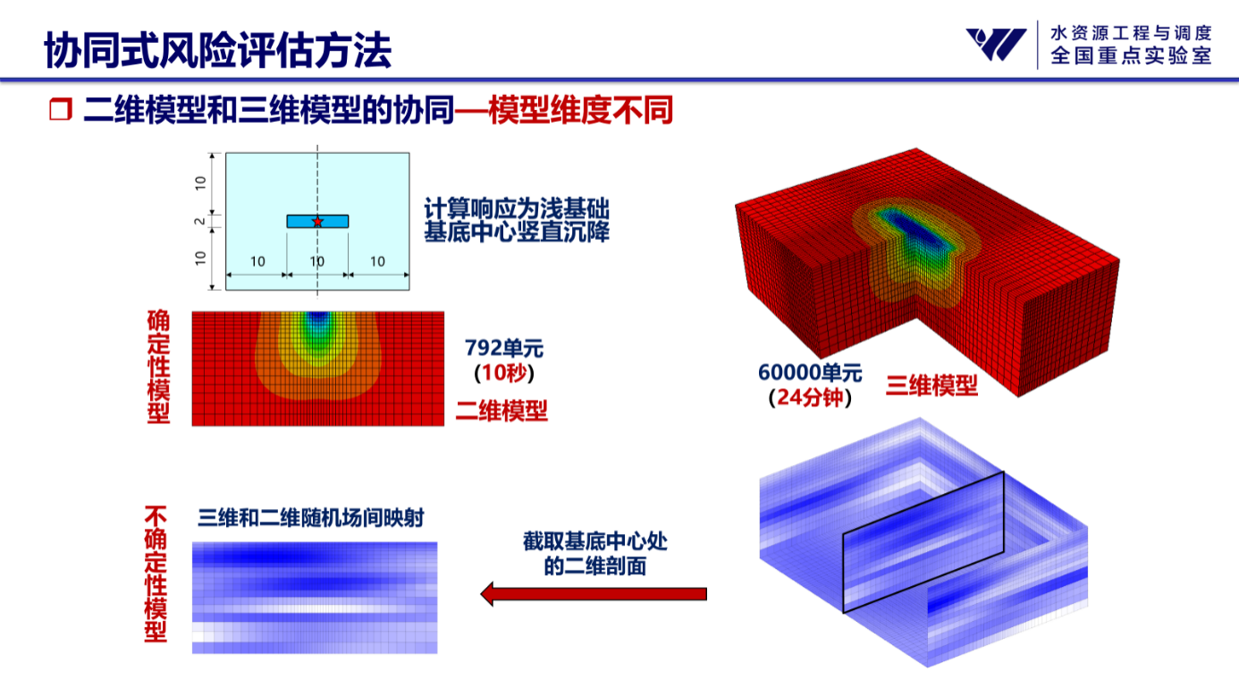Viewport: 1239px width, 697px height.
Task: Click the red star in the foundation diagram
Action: pos(317,221)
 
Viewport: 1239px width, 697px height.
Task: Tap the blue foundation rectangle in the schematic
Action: pos(317,221)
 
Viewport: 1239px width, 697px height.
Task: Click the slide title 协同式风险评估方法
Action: pos(218,50)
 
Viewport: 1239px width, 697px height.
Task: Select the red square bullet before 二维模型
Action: pos(60,109)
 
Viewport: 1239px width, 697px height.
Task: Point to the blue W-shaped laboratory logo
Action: pos(996,44)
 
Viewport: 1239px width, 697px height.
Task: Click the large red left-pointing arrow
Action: pos(594,594)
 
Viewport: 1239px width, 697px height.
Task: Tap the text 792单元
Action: pos(504,348)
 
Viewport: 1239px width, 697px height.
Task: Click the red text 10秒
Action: pos(504,373)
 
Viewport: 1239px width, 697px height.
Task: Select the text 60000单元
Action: pos(810,372)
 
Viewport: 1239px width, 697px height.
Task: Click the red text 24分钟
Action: pos(810,397)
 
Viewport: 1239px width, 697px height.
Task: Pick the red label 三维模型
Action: pos(931,386)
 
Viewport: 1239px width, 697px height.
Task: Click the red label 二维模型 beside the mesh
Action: pos(501,411)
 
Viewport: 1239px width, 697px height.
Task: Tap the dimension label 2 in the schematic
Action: pos(199,221)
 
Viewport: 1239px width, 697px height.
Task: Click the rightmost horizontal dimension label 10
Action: pos(377,261)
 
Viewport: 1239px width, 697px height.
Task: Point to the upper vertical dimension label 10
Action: pos(200,183)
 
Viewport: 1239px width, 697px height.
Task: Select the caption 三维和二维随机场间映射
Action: pos(311,518)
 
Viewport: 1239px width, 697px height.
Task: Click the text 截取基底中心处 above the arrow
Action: pos(595,541)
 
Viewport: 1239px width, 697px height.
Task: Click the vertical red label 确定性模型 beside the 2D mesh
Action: pos(159,367)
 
